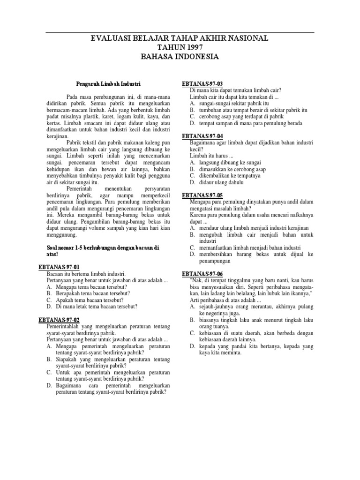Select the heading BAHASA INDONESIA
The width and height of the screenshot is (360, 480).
click(180, 57)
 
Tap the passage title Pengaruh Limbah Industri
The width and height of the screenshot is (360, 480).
click(108, 86)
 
